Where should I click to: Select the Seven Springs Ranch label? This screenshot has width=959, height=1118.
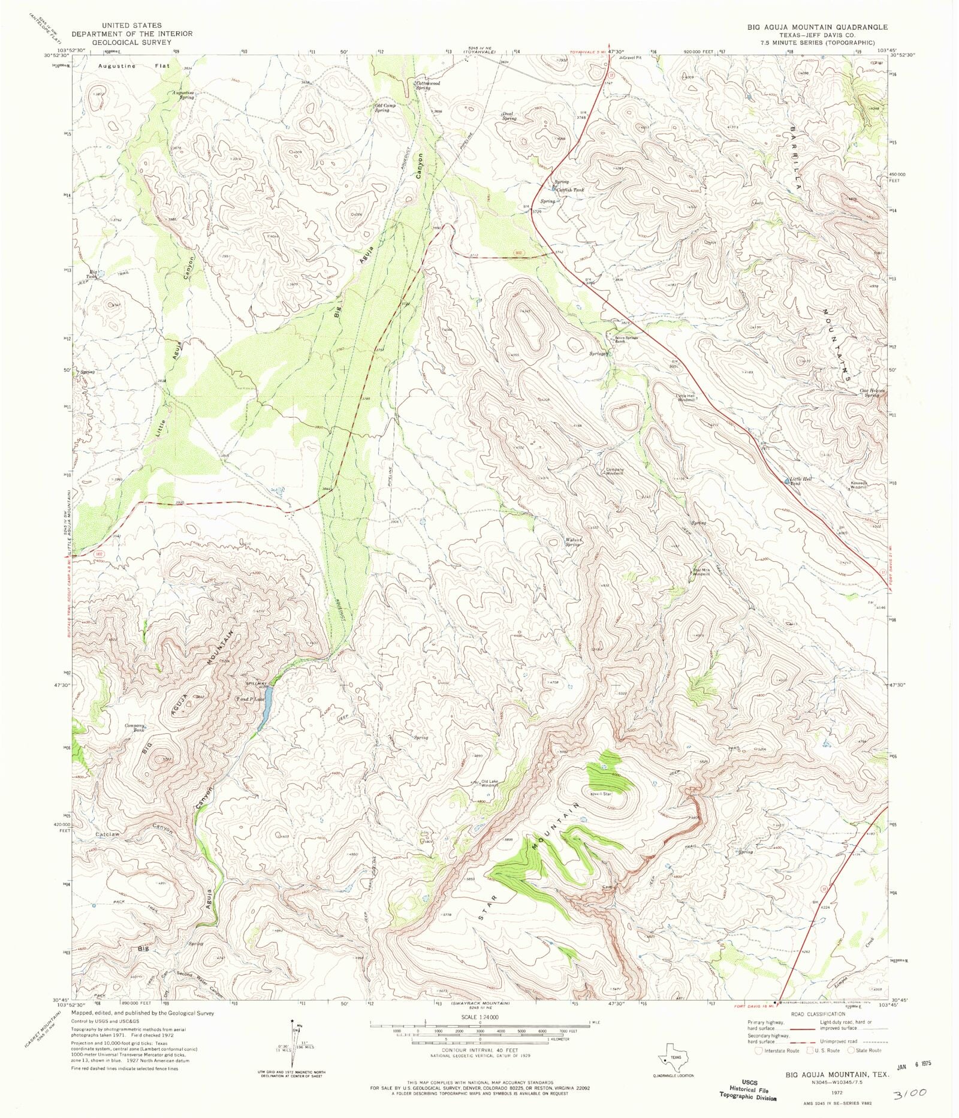tap(626, 339)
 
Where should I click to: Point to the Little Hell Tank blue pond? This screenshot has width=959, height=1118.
tap(788, 481)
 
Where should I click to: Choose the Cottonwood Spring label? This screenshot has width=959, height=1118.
tap(428, 85)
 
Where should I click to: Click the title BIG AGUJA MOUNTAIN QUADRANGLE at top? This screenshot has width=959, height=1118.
tap(817, 28)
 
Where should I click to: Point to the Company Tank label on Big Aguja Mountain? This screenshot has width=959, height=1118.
tap(135, 728)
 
